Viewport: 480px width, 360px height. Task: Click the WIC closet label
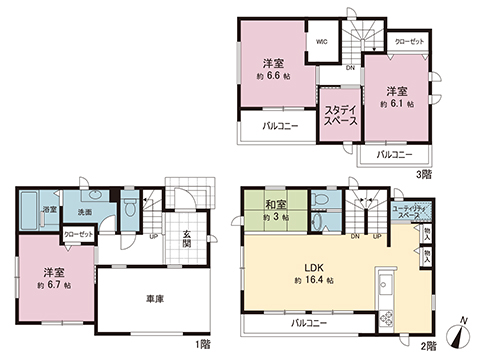(324, 43)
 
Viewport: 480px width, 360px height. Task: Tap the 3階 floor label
(423, 173)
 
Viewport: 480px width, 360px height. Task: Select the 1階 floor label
(203, 345)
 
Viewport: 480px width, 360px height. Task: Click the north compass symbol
(458, 335)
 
